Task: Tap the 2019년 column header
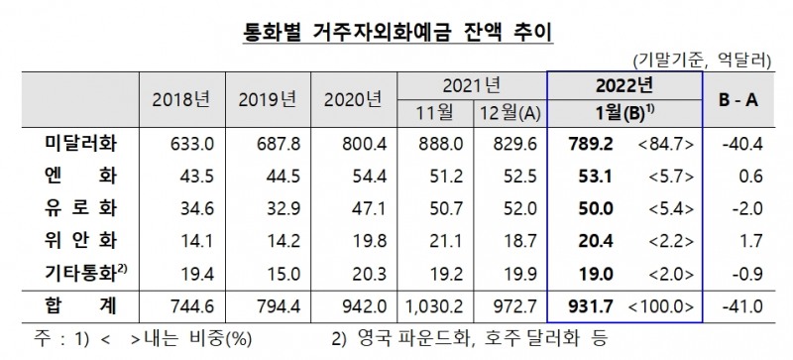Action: pos(268,100)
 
